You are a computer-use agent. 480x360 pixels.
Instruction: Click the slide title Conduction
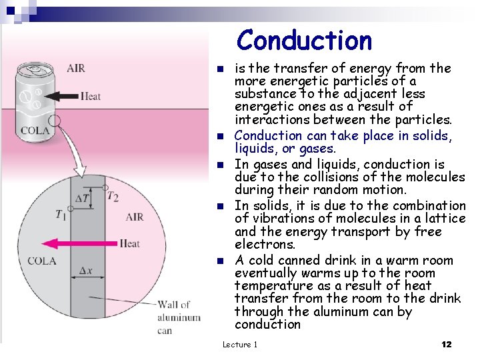coord(304,40)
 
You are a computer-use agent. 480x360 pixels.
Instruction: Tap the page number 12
coord(447,344)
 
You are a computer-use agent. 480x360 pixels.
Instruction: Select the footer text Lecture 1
coord(239,344)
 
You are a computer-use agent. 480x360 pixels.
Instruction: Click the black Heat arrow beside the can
coord(65,96)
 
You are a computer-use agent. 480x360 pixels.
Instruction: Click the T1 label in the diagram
coord(62,215)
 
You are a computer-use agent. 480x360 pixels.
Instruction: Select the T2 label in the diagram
coord(113,196)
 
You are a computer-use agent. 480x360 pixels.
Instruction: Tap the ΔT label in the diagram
coord(82,198)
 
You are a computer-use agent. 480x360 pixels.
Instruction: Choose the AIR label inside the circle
coord(134,217)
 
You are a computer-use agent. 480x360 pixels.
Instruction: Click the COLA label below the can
coord(35,131)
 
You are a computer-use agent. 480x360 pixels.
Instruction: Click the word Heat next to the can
coord(91,96)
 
